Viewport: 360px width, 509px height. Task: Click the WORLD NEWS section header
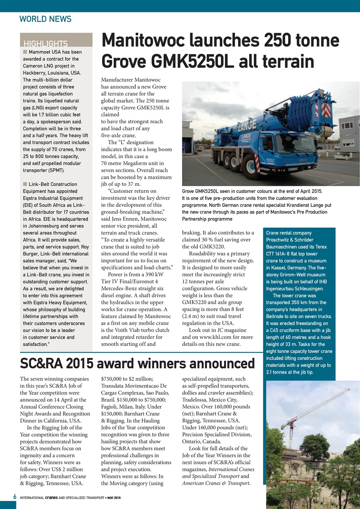(45, 19)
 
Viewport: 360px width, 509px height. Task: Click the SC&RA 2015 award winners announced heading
(137, 363)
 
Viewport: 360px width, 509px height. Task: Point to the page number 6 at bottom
(14, 497)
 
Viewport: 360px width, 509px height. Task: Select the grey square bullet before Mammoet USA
(25, 52)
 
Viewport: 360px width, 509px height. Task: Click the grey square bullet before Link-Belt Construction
(25, 184)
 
